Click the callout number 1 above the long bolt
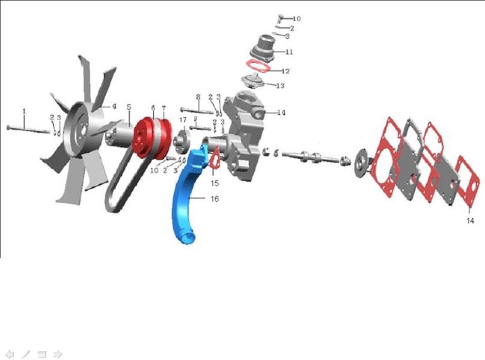click(24, 111)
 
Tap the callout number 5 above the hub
click(129, 107)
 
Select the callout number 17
click(183, 120)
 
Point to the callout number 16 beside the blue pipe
click(215, 199)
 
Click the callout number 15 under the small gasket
click(215, 183)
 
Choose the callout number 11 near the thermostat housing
click(289, 52)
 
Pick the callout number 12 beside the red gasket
click(286, 71)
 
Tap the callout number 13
click(280, 85)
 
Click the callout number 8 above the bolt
click(198, 97)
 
